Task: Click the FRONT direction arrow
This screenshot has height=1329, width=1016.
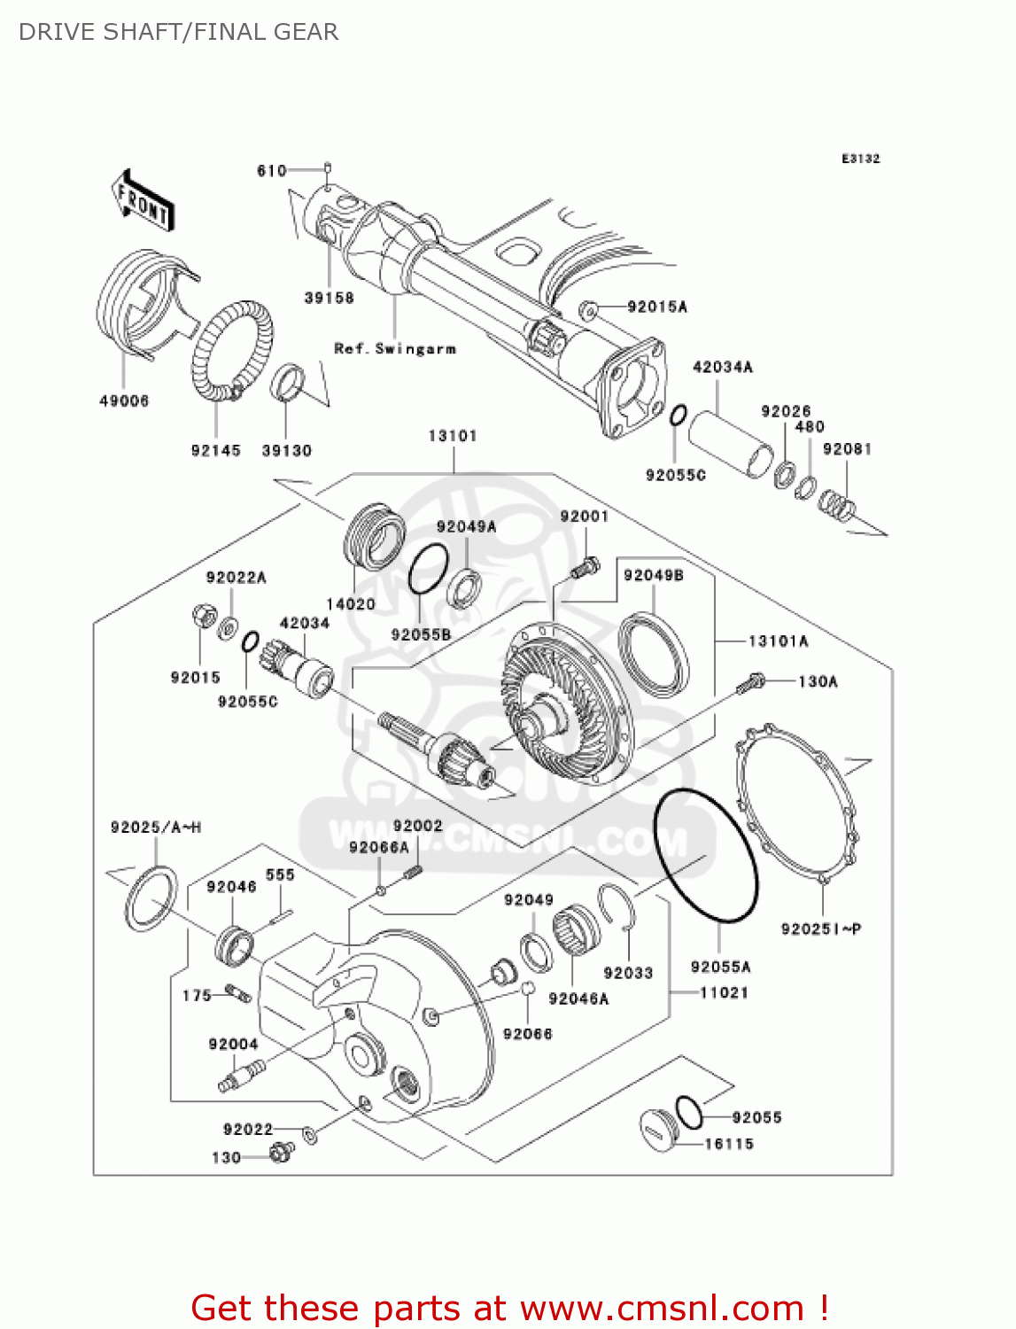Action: pos(142,201)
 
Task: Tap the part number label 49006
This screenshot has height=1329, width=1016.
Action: pos(124,401)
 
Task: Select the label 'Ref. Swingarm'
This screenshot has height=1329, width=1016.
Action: pos(395,349)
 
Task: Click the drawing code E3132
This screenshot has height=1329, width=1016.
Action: pos(860,159)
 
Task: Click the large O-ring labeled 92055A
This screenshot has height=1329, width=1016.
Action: pos(706,855)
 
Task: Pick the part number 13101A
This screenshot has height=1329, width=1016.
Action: pos(779,641)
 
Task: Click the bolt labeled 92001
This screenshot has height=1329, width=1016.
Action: pos(586,566)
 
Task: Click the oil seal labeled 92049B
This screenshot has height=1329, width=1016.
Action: pos(654,652)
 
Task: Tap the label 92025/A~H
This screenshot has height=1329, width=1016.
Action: pos(156,828)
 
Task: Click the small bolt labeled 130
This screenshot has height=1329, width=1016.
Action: pos(282,1152)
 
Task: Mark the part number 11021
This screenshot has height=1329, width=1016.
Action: pos(724,993)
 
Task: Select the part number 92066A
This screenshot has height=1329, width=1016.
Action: pos(379,848)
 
